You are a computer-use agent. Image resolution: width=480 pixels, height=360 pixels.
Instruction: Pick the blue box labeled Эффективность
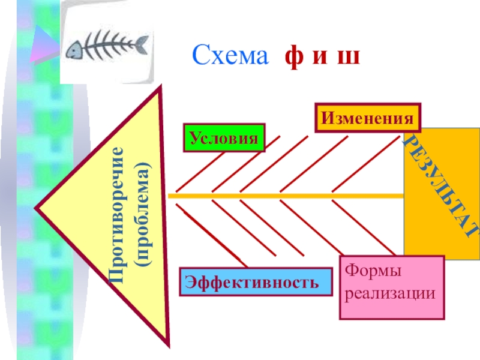pyautogui.click(x=256, y=281)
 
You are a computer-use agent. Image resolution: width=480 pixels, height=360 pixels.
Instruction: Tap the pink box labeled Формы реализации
pyautogui.click(x=392, y=287)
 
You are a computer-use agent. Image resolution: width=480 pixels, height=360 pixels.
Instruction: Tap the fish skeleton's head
pyautogui.click(x=76, y=50)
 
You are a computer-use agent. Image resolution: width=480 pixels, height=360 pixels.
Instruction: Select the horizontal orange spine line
pyautogui.click(x=288, y=196)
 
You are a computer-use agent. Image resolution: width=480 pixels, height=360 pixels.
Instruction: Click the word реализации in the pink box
pyautogui.click(x=391, y=294)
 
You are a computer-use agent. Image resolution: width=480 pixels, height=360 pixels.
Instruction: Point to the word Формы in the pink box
pyautogui.click(x=373, y=273)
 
